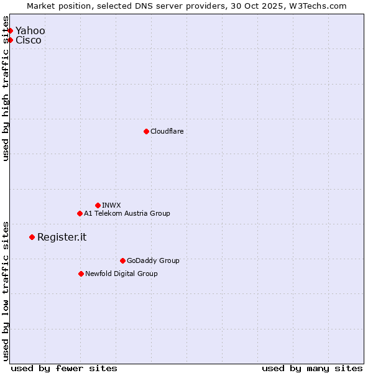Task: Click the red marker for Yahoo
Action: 10,30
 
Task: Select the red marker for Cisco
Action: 10,40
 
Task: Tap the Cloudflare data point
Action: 146,131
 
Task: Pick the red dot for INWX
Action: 98,205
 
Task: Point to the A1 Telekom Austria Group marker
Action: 80,213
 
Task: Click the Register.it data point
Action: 32,237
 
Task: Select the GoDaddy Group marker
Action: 122,260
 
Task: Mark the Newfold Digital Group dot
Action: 81,274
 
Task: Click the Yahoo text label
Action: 30,30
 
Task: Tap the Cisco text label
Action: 29,40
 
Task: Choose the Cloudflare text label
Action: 167,131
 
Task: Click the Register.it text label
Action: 62,237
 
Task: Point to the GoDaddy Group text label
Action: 153,260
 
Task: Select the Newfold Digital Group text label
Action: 121,274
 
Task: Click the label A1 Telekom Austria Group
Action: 127,213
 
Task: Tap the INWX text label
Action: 111,205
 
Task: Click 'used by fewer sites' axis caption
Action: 64,369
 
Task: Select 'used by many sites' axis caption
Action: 312,369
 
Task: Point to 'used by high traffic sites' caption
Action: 6,94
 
